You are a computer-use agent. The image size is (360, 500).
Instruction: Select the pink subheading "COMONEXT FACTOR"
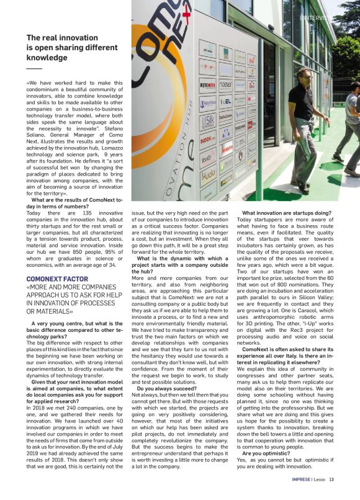pyautogui.click(x=59, y=279)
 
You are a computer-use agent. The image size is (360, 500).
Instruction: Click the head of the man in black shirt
pyautogui.click(x=301, y=76)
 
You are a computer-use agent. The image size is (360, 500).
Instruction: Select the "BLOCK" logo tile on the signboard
pyautogui.click(x=207, y=140)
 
